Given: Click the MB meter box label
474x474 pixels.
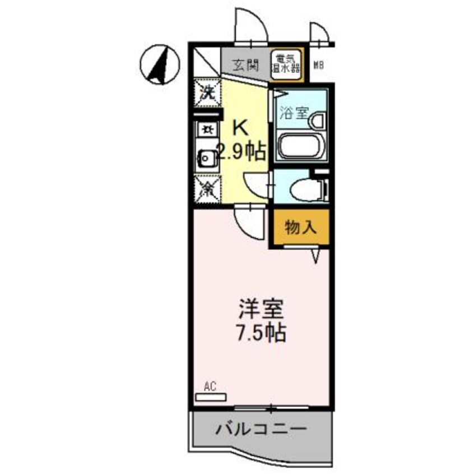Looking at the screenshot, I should point(319,66).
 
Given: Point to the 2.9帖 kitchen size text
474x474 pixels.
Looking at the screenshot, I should point(241,152).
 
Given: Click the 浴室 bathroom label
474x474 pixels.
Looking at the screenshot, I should point(292,113).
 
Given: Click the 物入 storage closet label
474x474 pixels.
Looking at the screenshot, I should point(301,227).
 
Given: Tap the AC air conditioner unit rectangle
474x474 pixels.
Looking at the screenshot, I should point(210,397).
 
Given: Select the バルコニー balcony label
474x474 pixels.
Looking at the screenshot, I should point(261,430).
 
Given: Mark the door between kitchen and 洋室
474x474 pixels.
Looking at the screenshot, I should point(248,221).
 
